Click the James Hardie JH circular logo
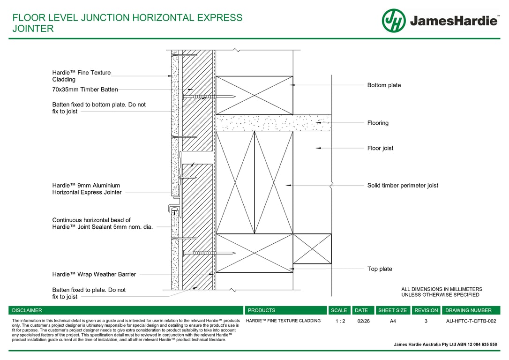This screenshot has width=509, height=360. (x=394, y=21)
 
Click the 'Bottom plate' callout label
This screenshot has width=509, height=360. (x=384, y=85)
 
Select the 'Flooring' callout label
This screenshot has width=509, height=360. (x=378, y=123)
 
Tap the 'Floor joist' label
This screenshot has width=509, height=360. (x=380, y=148)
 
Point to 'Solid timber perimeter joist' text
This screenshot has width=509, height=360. (x=403, y=186)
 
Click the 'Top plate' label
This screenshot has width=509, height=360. (x=380, y=269)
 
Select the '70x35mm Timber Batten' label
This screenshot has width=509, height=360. (x=85, y=90)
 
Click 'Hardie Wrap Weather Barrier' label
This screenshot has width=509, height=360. (x=94, y=275)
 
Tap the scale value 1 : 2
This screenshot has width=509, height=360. (x=340, y=322)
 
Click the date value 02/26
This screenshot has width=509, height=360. (x=363, y=322)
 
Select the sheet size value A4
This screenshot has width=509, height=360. (x=393, y=322)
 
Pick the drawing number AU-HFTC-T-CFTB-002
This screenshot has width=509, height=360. (x=471, y=322)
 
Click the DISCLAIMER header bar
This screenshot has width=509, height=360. (x=126, y=310)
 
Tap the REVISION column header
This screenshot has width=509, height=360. (x=426, y=310)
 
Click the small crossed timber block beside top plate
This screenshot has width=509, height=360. (x=312, y=249)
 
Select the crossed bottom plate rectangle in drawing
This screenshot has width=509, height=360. (x=254, y=95)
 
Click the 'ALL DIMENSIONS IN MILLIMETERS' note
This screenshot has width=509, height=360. (x=442, y=289)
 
